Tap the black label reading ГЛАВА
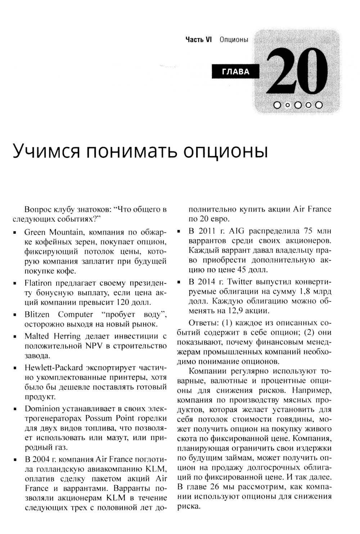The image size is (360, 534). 236,72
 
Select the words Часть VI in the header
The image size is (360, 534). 198,40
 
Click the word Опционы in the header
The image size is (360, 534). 234,40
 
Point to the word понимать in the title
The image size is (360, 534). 130,151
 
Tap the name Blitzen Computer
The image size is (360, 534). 59,314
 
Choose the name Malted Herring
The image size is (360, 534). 53,336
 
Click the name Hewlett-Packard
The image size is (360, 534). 54,368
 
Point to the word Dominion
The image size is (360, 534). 42,409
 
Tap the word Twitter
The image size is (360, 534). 240,282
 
